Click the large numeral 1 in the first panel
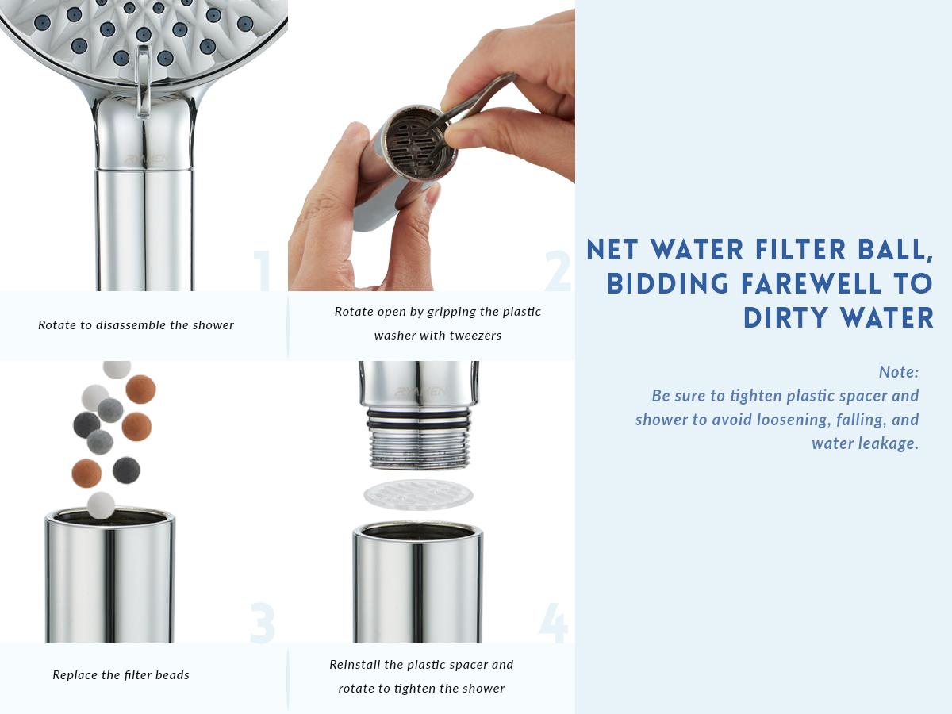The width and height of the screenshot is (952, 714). (x=262, y=271)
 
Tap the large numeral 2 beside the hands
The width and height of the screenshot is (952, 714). (x=558, y=271)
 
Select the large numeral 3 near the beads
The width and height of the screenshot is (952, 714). (x=262, y=624)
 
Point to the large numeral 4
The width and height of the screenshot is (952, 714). (x=554, y=624)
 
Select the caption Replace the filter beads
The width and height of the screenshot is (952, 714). (x=121, y=675)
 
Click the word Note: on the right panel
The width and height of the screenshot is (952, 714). (x=898, y=371)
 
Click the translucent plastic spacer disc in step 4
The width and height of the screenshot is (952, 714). (x=418, y=494)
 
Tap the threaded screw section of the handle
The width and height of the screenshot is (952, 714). (x=418, y=444)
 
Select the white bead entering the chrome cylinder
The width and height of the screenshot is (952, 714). (x=101, y=505)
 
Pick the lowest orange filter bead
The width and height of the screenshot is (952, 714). (x=86, y=473)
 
